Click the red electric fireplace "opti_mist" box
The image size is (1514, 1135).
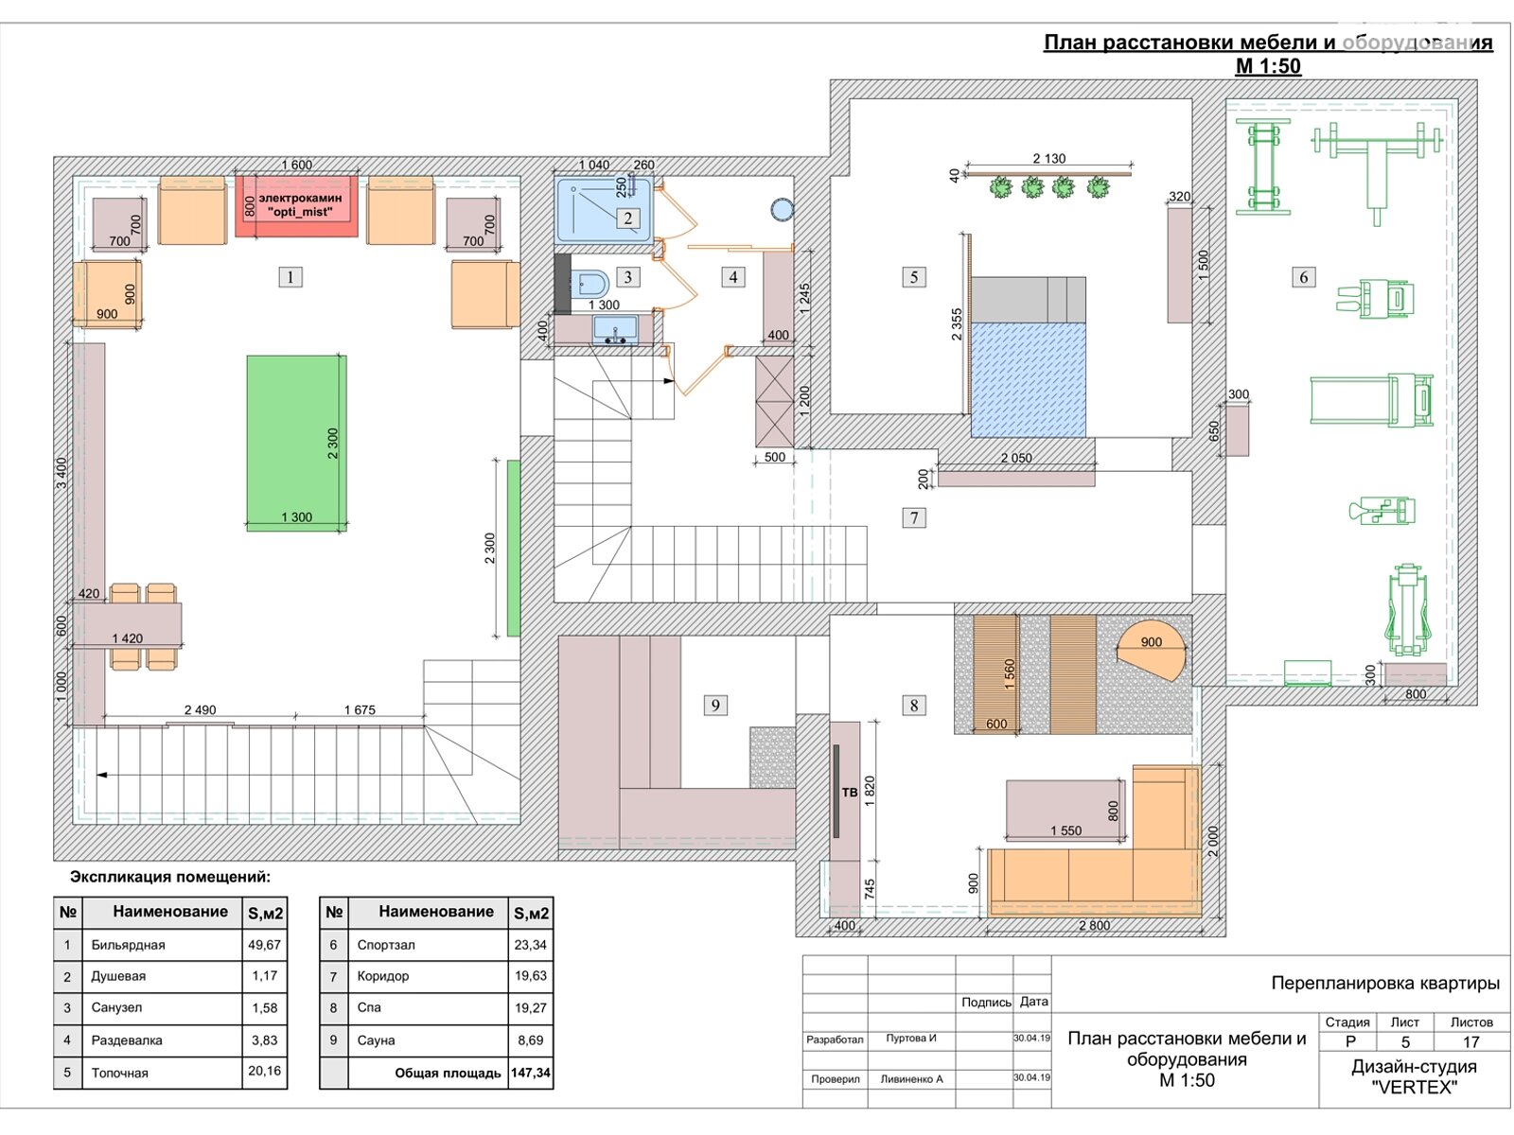[296, 206]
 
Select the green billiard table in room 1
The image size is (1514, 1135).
[296, 443]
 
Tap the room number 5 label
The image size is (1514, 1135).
[914, 277]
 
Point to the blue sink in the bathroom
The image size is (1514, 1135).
[615, 330]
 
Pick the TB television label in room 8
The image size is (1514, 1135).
[849, 793]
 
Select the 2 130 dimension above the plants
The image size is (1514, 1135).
[1048, 159]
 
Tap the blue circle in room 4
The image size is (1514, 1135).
[782, 209]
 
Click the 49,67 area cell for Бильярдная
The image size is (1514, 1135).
[265, 944]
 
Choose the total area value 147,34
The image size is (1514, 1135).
[530, 1073]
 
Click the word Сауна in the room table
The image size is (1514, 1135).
[376, 1039]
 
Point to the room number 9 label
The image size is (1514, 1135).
[715, 705]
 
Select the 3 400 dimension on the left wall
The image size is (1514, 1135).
[62, 473]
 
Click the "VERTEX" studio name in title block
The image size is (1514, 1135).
[1414, 1088]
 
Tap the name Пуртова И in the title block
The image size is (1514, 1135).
[911, 1038]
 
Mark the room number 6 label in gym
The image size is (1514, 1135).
[1303, 277]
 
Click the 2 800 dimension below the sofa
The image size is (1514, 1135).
[1094, 926]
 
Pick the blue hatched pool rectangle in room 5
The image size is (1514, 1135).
[1028, 379]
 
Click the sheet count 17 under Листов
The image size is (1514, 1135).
[1471, 1042]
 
